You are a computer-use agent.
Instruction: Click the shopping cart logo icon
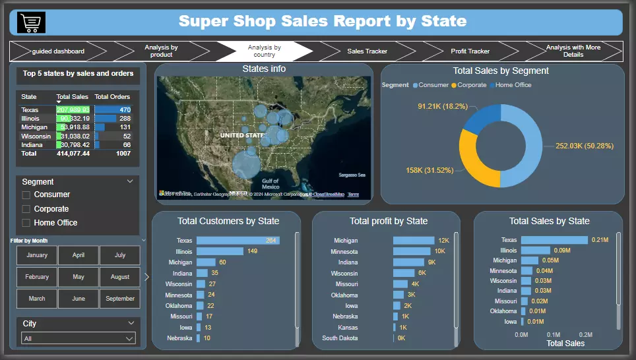pos(31,22)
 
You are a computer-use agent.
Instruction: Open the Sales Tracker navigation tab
pos(367,51)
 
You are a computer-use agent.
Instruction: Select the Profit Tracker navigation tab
pos(470,51)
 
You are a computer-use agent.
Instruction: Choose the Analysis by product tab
pos(161,51)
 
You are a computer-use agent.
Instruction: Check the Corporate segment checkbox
pos(26,209)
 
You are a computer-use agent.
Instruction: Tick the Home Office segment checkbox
pos(26,223)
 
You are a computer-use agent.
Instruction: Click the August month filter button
pos(120,277)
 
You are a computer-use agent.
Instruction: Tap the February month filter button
pos(37,277)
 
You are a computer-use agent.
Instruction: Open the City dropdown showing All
pos(78,338)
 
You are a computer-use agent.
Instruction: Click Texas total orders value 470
pos(123,110)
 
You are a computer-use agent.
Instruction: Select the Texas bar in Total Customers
pos(238,241)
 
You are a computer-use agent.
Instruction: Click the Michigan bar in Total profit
pos(414,241)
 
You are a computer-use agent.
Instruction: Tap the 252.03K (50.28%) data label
pos(585,146)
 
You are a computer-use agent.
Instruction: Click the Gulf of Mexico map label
pos(270,183)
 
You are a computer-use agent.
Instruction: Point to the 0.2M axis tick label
pos(585,334)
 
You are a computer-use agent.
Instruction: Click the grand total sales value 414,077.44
pos(73,153)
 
